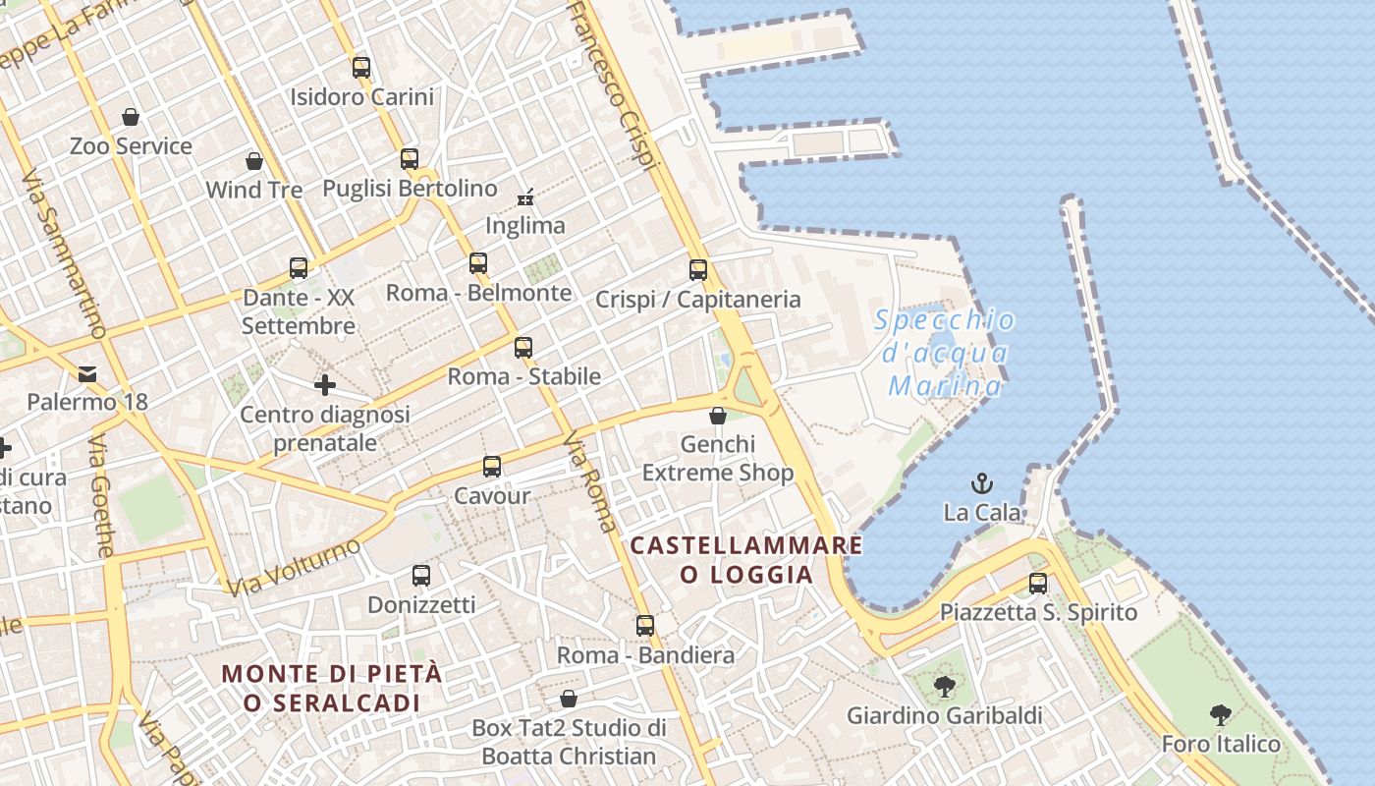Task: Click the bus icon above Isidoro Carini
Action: (x=361, y=68)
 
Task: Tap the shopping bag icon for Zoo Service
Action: (x=131, y=118)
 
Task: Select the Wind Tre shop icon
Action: (x=254, y=161)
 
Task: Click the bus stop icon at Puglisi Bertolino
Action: (x=410, y=159)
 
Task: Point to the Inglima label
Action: (x=525, y=225)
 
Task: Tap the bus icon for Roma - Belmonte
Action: (x=478, y=263)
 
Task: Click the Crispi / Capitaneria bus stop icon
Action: (x=698, y=270)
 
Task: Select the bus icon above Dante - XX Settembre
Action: (x=299, y=268)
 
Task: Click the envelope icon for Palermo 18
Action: (x=87, y=373)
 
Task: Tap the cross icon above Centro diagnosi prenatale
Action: (x=325, y=385)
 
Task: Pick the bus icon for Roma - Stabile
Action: (x=523, y=348)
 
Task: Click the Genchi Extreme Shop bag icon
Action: (x=718, y=416)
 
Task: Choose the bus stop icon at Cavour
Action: (x=492, y=467)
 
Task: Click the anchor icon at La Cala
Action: (x=982, y=483)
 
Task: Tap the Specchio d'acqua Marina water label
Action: (x=945, y=352)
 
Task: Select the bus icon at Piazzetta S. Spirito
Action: (x=1038, y=584)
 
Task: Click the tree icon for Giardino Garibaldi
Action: (x=945, y=687)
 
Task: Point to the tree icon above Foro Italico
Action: (x=1221, y=715)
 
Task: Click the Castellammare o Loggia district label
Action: (x=746, y=559)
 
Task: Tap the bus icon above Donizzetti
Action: (x=421, y=576)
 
